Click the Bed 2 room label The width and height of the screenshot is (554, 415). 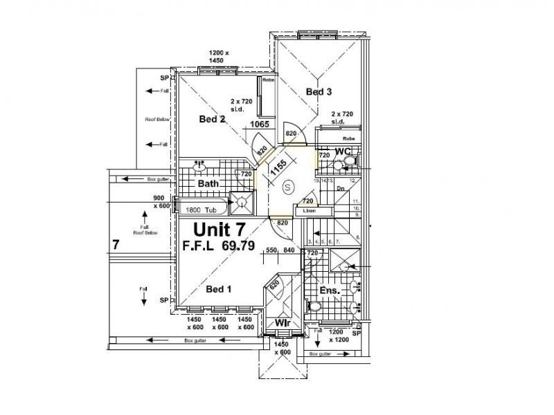(213, 119)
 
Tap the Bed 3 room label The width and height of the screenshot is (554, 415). (319, 91)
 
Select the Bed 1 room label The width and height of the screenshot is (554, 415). (218, 288)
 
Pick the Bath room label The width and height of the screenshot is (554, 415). (208, 184)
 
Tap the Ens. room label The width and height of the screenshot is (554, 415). (329, 290)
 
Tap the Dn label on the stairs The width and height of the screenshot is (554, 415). (341, 188)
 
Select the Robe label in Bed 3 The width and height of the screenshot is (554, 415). (348, 139)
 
